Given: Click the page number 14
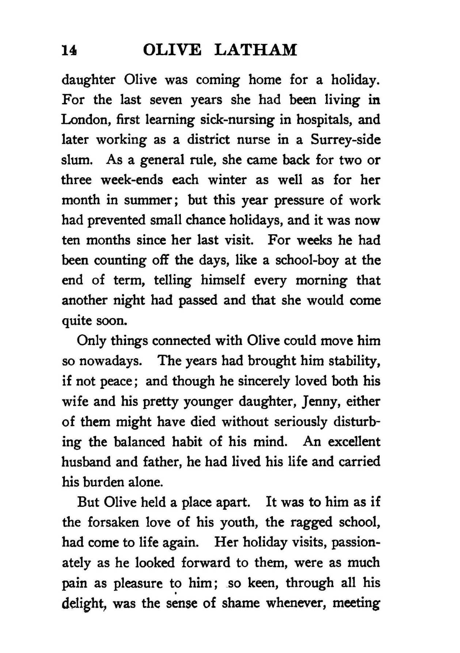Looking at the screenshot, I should (x=69, y=50).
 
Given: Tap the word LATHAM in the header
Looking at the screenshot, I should (x=255, y=50).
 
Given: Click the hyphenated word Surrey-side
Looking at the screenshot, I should (x=346, y=140).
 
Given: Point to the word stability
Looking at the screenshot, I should (x=354, y=361).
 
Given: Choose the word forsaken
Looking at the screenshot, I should (x=114, y=522).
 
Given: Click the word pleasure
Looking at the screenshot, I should (x=138, y=583).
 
